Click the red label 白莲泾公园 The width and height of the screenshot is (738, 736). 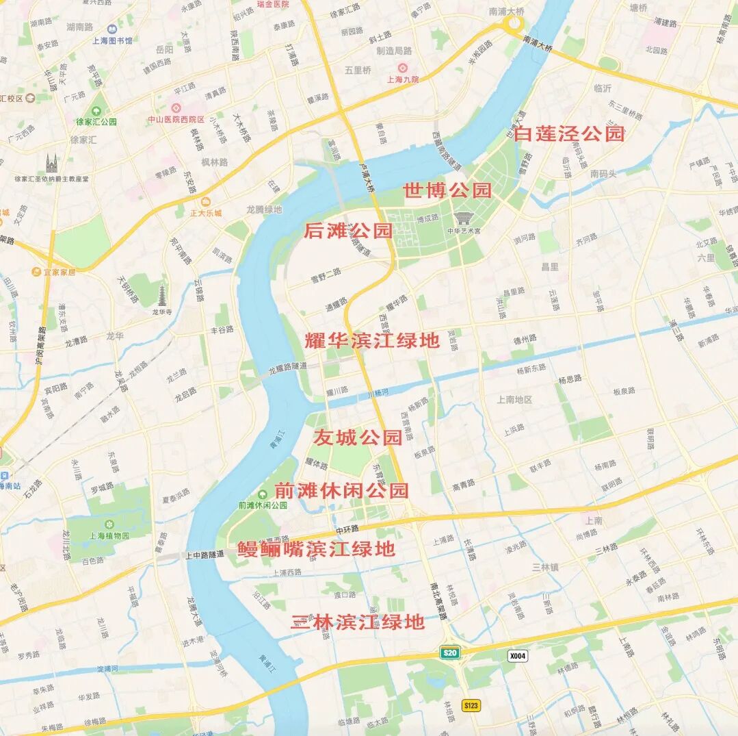(x=570, y=134)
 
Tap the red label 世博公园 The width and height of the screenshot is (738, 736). (x=447, y=190)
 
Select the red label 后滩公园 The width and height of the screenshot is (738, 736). (x=347, y=231)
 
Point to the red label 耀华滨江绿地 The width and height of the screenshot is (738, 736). (x=372, y=340)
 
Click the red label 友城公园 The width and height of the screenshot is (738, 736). (x=358, y=437)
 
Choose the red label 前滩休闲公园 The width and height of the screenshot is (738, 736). (x=341, y=490)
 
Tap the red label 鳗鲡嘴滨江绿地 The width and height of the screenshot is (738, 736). (x=317, y=549)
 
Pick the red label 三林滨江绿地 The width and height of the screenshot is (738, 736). (x=358, y=622)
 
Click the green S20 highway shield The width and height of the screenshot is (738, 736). (x=449, y=652)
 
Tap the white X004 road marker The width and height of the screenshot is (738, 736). (x=518, y=656)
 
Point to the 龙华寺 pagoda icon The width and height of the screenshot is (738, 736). (x=162, y=296)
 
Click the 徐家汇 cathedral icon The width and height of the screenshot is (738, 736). (x=51, y=164)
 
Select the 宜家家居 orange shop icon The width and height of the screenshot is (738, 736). (x=36, y=272)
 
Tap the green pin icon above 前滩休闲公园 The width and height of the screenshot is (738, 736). (x=263, y=494)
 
